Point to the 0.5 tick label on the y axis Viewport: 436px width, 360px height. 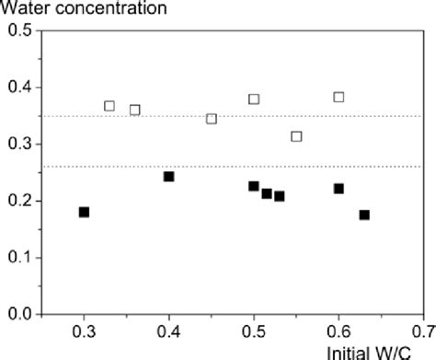18,31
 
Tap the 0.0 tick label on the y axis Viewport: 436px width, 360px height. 18,314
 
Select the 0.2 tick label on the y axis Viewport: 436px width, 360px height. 18,201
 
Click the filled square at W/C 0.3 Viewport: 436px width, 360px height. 85,212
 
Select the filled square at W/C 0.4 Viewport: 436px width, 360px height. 169,176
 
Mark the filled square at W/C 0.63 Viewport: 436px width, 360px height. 364,215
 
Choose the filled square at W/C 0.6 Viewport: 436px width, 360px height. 338,188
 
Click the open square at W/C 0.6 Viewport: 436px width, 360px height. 338,97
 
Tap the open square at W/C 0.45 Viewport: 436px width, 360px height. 212,118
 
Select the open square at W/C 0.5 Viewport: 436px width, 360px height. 254,99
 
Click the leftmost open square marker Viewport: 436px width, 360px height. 109,106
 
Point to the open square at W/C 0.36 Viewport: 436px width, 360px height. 135,110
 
